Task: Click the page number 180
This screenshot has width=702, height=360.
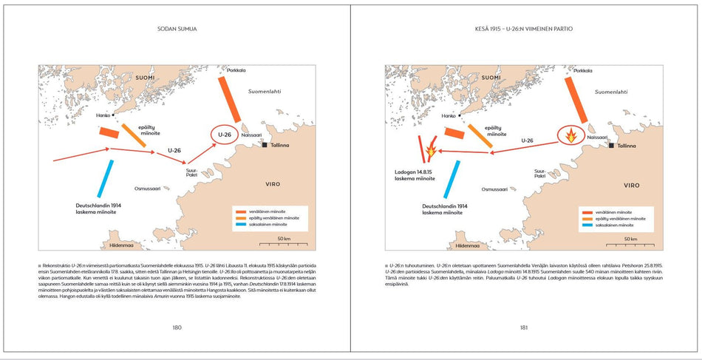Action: click(x=177, y=327)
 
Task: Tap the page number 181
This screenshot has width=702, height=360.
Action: click(x=523, y=327)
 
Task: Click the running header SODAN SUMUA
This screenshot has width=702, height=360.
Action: click(x=177, y=29)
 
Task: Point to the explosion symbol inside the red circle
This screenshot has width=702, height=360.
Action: click(x=571, y=135)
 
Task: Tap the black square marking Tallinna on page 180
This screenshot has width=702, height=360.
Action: click(x=264, y=146)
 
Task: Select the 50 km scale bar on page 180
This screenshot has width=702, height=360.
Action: click(x=283, y=242)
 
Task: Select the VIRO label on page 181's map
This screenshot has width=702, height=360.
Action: click(x=631, y=185)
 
